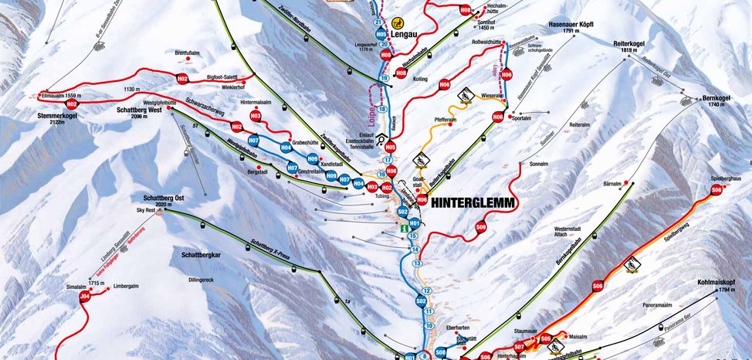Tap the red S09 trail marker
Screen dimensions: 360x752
pyautogui.click(x=481, y=227)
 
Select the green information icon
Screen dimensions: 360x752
pyautogui.click(x=401, y=230)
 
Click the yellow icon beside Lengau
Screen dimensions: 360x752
pyautogui.click(x=398, y=23)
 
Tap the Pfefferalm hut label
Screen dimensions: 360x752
pyautogui.click(x=449, y=121)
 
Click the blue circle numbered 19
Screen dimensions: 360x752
pyautogui.click(x=384, y=78)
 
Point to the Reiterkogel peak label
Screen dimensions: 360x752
pyautogui.click(x=628, y=46)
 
